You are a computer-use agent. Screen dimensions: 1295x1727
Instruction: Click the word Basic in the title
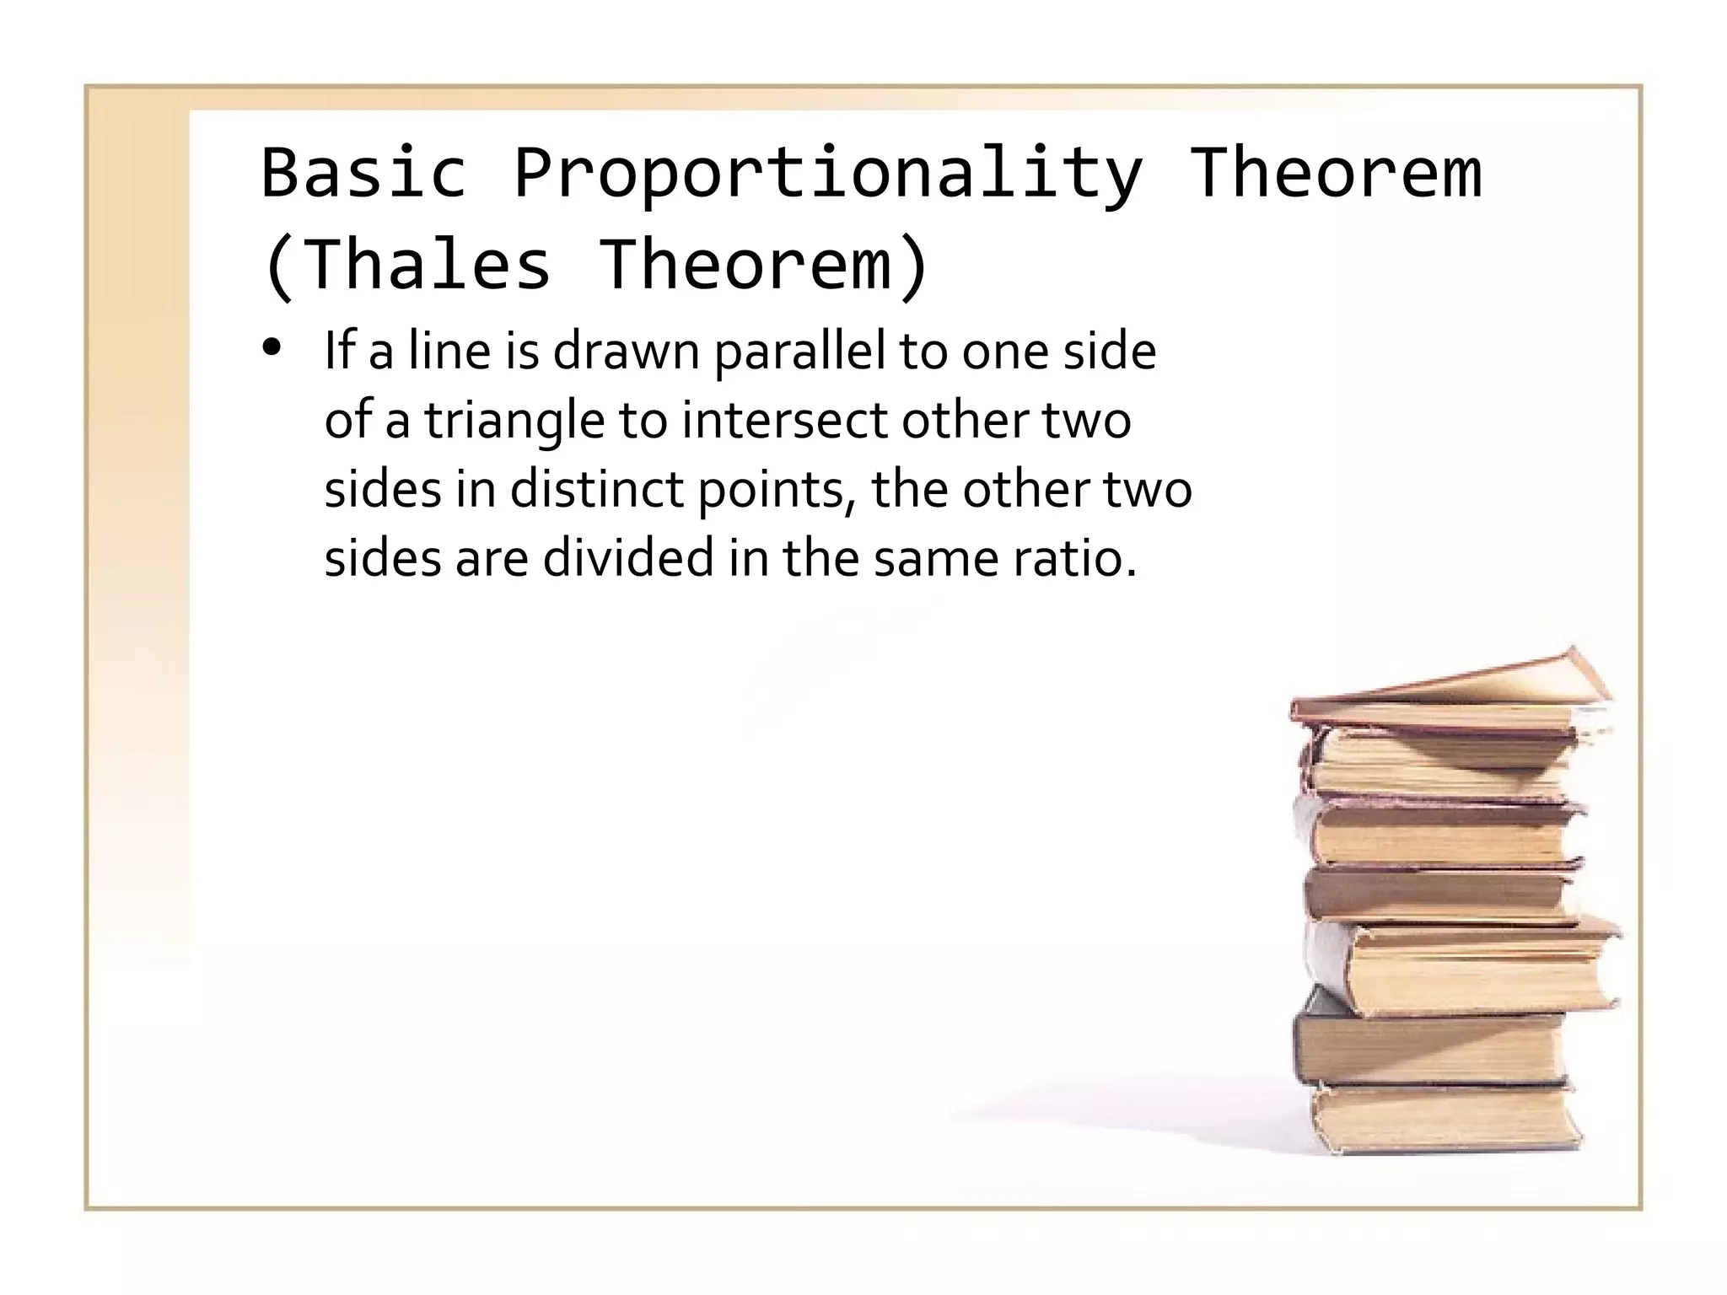[363, 173]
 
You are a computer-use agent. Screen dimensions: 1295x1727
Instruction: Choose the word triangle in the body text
[514, 421]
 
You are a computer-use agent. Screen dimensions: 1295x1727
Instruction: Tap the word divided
[628, 558]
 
